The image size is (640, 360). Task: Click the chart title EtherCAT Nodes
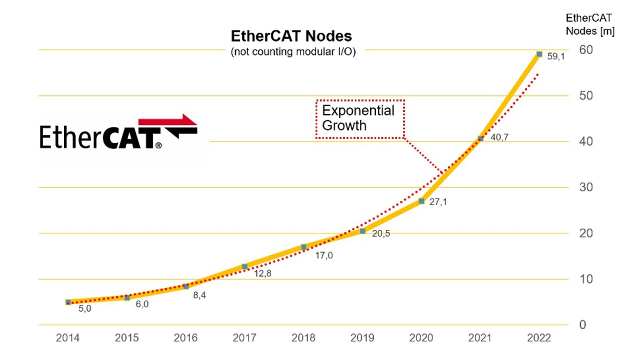click(x=291, y=36)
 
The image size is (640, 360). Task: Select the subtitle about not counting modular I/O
click(x=293, y=52)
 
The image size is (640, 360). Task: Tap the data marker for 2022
click(x=539, y=54)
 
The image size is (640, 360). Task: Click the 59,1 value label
click(x=555, y=57)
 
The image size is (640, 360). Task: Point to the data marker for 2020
click(x=421, y=201)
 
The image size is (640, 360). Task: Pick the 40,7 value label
click(x=499, y=137)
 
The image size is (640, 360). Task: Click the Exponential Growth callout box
click(x=359, y=118)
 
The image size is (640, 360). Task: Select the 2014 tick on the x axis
click(x=67, y=338)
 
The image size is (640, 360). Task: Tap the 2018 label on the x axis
click(x=303, y=338)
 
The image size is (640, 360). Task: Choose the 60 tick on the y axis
click(x=586, y=49)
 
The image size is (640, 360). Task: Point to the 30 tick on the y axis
click(x=586, y=187)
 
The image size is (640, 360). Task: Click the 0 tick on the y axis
click(x=582, y=325)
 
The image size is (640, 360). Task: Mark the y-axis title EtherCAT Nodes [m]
click(x=589, y=24)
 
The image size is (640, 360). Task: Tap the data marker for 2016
click(x=186, y=286)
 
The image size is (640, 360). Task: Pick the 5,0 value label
click(x=85, y=309)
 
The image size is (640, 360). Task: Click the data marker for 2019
click(x=362, y=231)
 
